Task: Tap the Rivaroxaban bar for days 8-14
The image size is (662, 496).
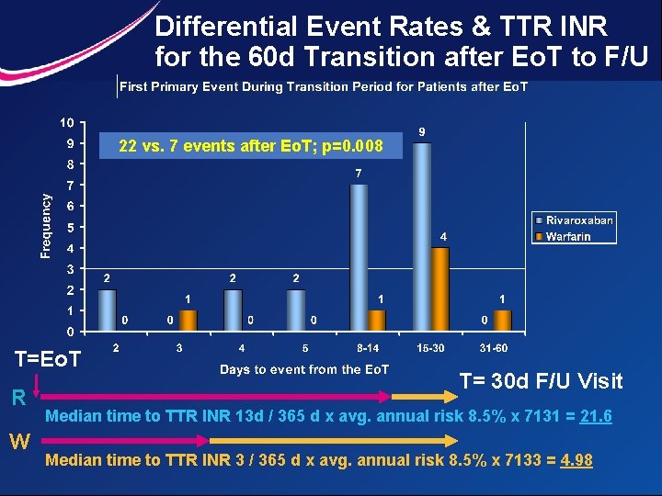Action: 359,257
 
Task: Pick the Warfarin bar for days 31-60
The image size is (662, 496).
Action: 502,321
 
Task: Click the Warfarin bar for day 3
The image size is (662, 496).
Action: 188,321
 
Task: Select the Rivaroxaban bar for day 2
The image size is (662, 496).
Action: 108,310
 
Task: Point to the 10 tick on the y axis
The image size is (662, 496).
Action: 68,123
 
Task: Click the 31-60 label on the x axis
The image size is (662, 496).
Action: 493,348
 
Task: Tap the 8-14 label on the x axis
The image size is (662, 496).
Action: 368,348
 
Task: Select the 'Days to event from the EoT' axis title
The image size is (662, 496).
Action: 304,369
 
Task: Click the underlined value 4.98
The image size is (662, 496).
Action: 576,459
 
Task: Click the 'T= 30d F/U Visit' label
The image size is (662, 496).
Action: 541,381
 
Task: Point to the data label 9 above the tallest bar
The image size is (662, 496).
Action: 421,132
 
